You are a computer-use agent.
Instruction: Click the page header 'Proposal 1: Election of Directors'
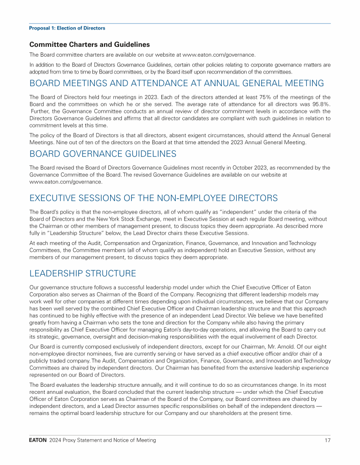pyautogui.click(x=67, y=28)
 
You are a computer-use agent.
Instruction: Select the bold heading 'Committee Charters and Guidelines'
pyautogui.click(x=90, y=45)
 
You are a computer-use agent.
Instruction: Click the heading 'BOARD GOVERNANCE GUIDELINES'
pyautogui.click(x=103, y=154)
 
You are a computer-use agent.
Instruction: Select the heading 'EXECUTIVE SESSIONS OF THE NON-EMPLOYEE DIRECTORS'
pyautogui.click(x=153, y=198)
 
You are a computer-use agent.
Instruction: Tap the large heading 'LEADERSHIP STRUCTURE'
pyautogui.click(x=82, y=273)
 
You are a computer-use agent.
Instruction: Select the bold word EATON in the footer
pyautogui.click(x=38, y=440)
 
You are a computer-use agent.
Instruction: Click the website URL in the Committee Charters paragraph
pyautogui.click(x=219, y=54)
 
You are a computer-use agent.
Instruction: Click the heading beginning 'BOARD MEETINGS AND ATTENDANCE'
pyautogui.click(x=176, y=83)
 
